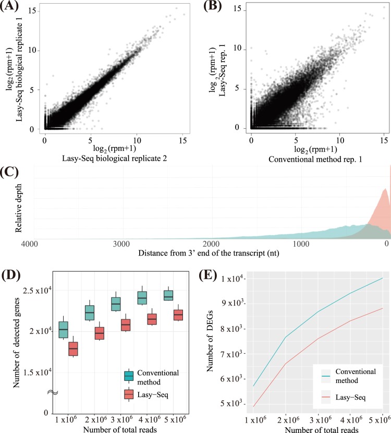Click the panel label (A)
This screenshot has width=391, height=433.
pos(11,8)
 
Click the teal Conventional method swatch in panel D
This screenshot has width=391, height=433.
pos(129,376)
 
